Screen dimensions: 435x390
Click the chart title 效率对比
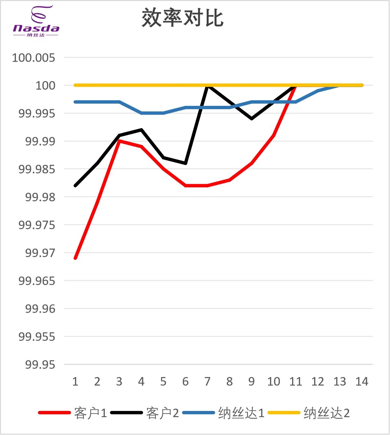(182, 18)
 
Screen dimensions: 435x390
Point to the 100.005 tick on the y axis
(33, 58)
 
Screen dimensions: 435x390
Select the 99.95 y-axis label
(40, 365)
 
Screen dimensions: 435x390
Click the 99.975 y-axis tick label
(37, 225)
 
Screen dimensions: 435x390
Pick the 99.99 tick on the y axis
(40, 141)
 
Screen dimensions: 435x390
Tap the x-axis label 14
(362, 381)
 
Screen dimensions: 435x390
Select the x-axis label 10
(274, 381)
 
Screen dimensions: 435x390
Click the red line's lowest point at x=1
(75, 258)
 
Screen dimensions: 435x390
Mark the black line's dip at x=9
(251, 119)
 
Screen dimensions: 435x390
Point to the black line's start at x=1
(75, 186)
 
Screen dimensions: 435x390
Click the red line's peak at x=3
(119, 141)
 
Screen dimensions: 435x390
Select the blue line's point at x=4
(141, 113)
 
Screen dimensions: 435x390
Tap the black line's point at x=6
(186, 163)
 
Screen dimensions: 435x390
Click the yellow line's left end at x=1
(75, 85)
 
